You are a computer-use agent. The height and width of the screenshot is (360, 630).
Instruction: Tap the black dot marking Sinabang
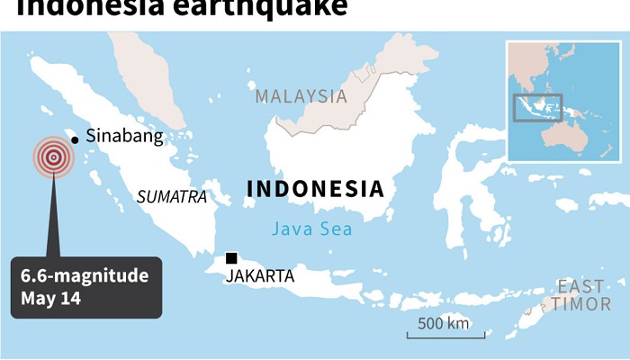[x=76, y=139]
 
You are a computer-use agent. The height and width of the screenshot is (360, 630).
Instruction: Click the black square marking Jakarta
[x=231, y=258]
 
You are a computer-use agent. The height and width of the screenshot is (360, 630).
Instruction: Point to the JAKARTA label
[x=260, y=275]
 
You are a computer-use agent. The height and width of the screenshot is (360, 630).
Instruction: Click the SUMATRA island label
[x=171, y=196]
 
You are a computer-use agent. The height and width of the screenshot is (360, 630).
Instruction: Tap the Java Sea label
[x=313, y=229]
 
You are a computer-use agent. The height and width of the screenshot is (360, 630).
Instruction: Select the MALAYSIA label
[x=301, y=96]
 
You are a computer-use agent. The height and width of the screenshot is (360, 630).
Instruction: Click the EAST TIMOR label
[x=580, y=295]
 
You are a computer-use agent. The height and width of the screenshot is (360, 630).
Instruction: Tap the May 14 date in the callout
[x=51, y=298]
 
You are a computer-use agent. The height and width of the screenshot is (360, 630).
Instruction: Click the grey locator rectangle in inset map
[x=537, y=107]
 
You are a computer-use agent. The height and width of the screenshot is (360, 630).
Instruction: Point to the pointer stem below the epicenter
[x=53, y=216]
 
